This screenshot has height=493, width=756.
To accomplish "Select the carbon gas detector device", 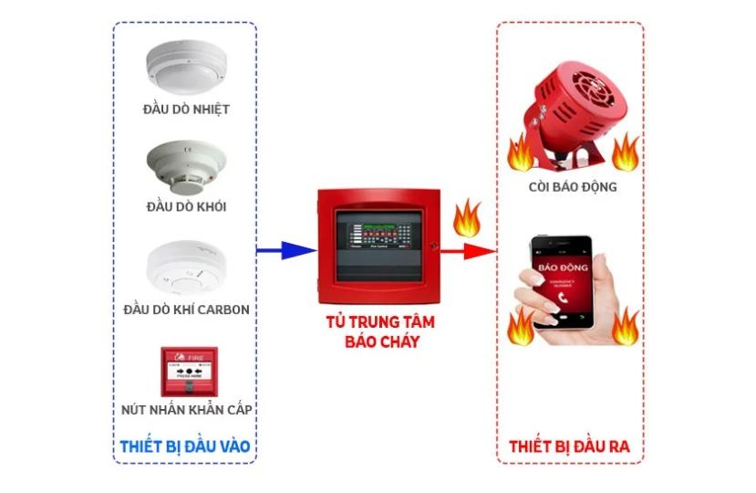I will (x=185, y=265).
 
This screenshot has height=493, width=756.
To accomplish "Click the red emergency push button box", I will (x=189, y=371).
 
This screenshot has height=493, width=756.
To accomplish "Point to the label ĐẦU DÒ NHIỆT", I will (x=186, y=110).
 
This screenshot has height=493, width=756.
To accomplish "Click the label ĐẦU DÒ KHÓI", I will (x=186, y=207).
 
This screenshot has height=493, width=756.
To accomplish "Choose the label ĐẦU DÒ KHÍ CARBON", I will (x=186, y=309).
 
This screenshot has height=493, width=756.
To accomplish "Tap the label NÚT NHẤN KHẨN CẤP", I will (x=186, y=410).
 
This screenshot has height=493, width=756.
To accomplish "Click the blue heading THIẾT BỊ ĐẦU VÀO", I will (x=185, y=446).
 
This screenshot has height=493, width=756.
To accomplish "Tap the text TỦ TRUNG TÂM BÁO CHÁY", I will (x=378, y=332).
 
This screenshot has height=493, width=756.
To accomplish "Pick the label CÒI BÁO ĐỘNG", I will (x=572, y=187).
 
